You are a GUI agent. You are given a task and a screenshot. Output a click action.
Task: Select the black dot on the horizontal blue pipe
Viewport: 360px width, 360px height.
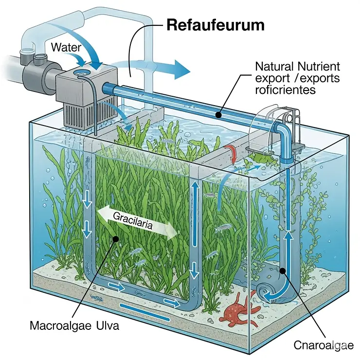tap(219, 115)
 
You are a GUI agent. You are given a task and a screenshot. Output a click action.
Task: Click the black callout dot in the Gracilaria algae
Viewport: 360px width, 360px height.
tap(115, 238)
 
